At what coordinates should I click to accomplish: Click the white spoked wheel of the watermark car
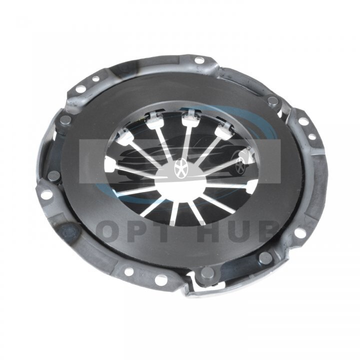coord(180,167)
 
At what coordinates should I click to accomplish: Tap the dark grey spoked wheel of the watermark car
coord(240,166)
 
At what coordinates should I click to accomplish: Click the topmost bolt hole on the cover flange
coord(199,60)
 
